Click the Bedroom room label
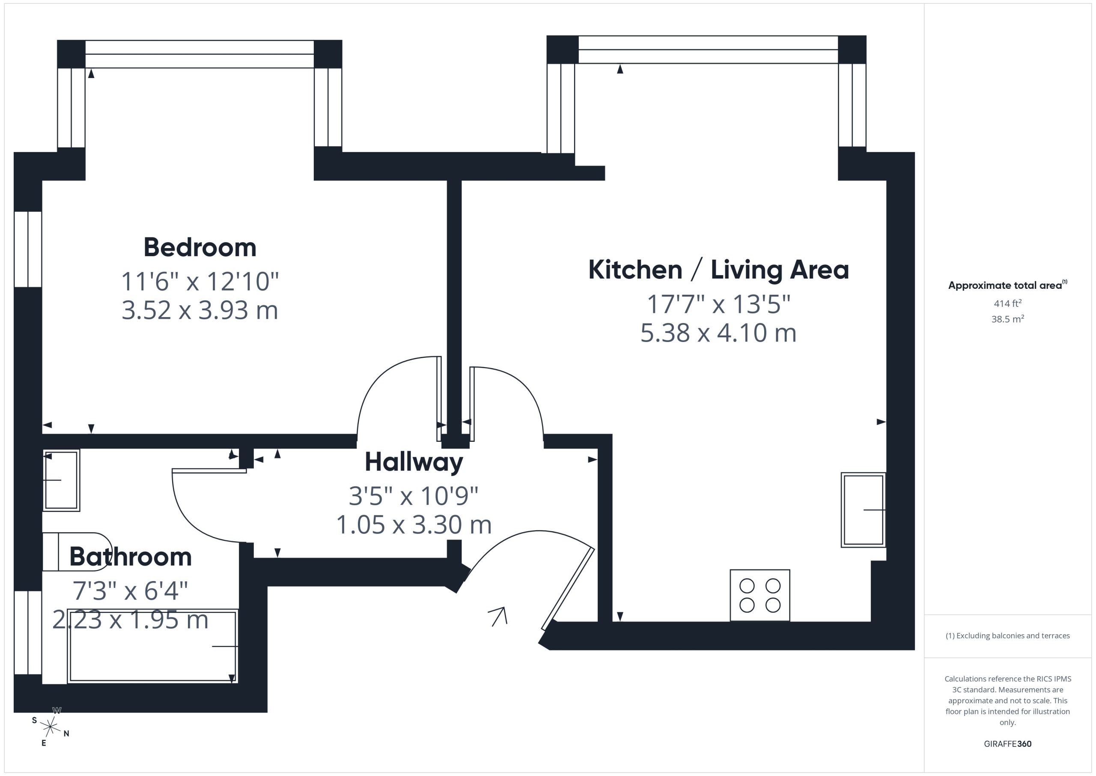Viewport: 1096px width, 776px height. [x=200, y=248]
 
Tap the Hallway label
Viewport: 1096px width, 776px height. [x=414, y=462]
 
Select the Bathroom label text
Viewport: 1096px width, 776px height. [x=130, y=557]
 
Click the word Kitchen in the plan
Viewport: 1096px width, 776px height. [x=635, y=270]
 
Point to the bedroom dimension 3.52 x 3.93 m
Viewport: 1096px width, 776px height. [x=200, y=310]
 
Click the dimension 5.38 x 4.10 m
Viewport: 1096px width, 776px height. [x=718, y=333]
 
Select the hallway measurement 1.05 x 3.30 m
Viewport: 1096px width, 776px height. [x=414, y=524]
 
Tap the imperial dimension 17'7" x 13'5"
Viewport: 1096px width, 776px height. [x=718, y=304]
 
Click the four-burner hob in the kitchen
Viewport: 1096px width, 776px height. [x=760, y=595]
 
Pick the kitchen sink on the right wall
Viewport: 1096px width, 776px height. [x=863, y=510]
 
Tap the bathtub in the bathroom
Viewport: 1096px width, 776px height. [x=152, y=646]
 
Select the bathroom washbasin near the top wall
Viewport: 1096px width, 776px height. [x=61, y=480]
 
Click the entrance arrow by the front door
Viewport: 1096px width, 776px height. [x=498, y=617]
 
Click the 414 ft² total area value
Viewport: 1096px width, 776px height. [x=1007, y=303]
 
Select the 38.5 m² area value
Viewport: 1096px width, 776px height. [x=1007, y=319]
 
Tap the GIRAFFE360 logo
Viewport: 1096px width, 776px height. [x=1007, y=744]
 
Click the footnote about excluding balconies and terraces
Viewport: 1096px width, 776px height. [x=1007, y=635]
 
